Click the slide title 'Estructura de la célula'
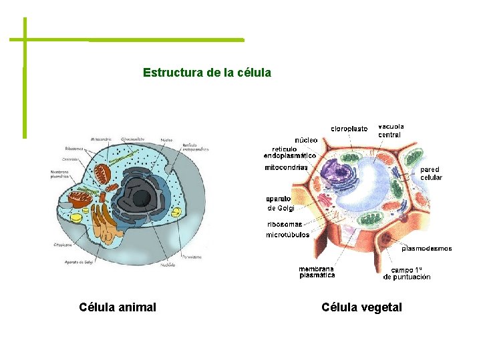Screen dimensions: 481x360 pos(207,72)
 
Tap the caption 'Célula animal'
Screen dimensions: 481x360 pos(118,307)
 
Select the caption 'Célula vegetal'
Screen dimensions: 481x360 pos(361,307)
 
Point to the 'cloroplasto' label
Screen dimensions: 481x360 pos(349,129)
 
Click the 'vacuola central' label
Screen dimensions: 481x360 pos(391,130)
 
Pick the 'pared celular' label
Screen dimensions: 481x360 pos(431,174)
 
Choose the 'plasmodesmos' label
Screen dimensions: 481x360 pos(427,249)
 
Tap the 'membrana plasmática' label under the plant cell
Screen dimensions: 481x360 pos(317,272)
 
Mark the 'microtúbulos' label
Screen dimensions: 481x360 pos(287,235)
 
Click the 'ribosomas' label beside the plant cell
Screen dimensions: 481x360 pos(285,224)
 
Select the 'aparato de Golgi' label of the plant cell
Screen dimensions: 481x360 pos(280,203)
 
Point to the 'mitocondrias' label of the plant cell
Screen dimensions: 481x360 pos(286,167)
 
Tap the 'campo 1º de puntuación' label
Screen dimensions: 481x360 pos(407,273)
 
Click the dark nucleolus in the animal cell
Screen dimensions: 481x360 pos(142,198)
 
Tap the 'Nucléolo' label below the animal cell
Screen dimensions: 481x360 pos(168,265)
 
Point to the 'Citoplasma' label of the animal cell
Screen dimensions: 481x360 pos(63,245)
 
